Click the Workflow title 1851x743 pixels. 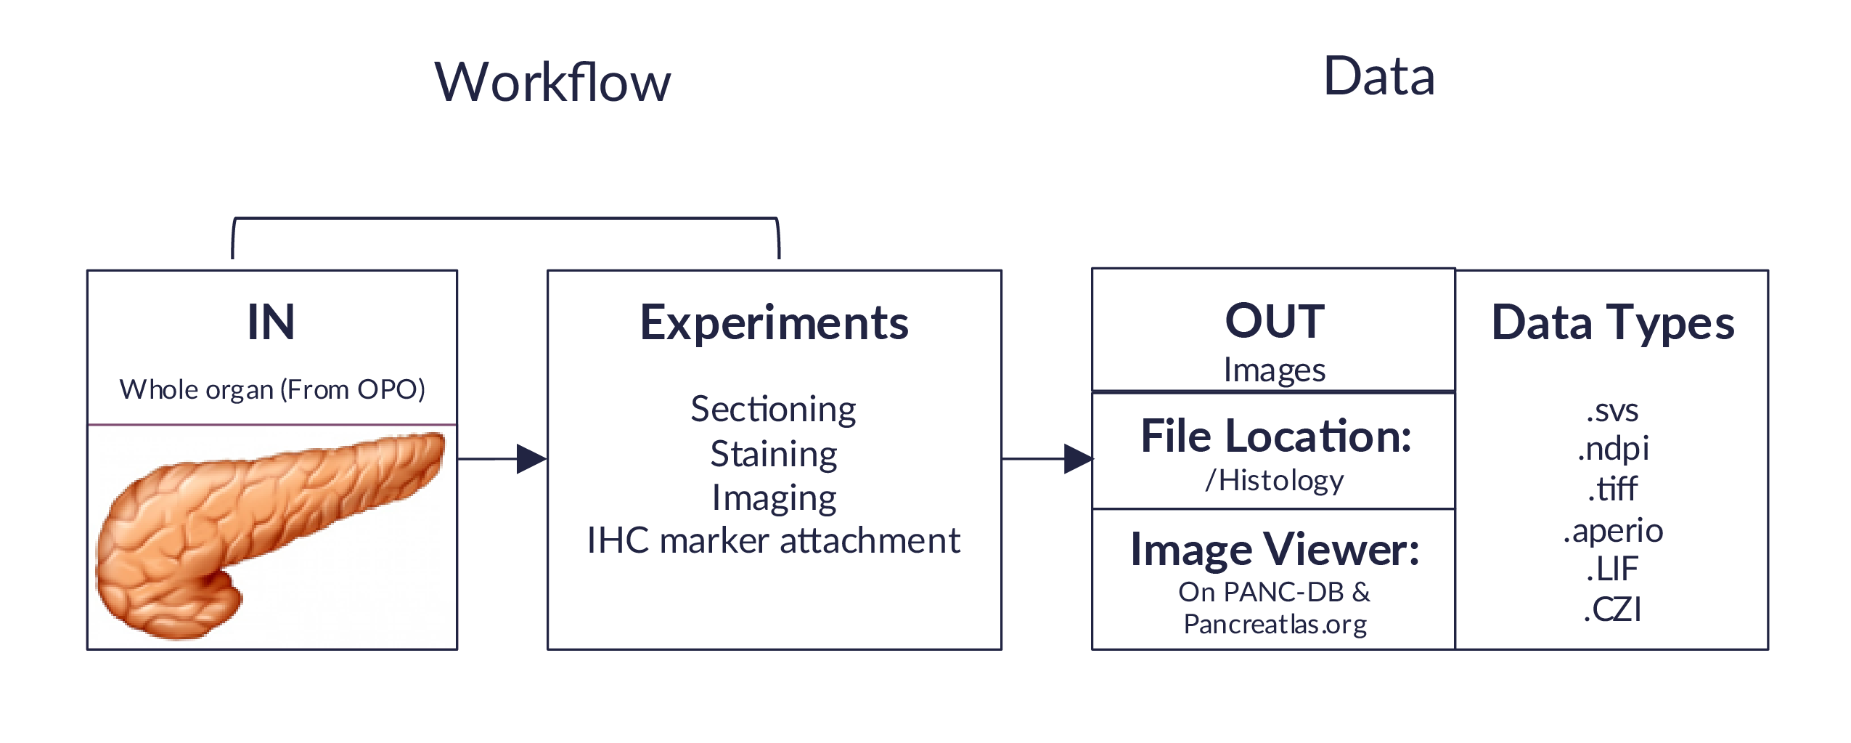(552, 82)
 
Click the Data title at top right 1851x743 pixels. (1378, 76)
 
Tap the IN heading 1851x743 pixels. (271, 322)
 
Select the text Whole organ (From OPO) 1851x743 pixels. (272, 390)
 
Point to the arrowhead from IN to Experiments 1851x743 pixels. (531, 459)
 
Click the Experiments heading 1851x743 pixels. (774, 323)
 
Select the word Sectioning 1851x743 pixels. (773, 410)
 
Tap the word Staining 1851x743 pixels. (774, 455)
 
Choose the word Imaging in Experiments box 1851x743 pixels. (774, 498)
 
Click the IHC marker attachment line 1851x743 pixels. (774, 541)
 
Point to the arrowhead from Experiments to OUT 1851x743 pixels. (1078, 459)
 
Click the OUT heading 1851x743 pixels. (1275, 321)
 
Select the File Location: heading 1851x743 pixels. (1275, 437)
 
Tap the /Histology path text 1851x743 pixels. (1275, 481)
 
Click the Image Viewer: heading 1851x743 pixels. (1275, 550)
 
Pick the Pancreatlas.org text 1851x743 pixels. (1275, 625)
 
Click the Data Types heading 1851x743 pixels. (1612, 323)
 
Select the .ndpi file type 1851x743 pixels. (1612, 449)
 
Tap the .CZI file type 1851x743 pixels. (1612, 609)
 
